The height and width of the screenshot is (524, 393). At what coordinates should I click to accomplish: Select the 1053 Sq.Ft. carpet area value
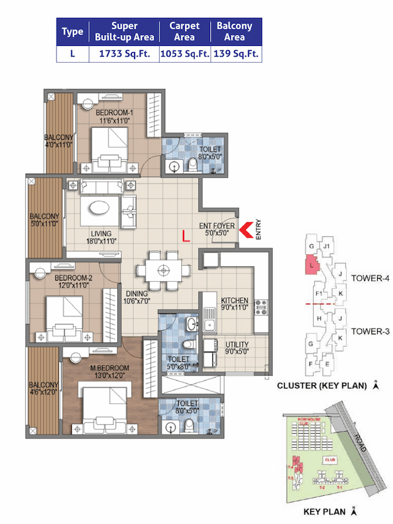coord(185,54)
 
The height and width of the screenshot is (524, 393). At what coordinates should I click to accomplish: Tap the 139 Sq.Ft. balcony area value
coord(236,54)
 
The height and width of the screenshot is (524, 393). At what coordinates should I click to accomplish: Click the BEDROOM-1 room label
coord(114,113)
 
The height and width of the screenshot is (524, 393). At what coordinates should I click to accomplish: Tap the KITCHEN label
coord(235,301)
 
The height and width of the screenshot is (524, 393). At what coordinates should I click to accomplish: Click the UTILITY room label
coord(236,344)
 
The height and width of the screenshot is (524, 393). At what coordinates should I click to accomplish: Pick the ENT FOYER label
coord(217,225)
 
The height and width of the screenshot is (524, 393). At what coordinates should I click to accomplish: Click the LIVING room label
coord(101,234)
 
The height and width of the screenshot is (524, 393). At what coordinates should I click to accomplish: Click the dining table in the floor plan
coord(163,269)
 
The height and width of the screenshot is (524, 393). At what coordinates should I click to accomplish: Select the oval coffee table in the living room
coord(97,209)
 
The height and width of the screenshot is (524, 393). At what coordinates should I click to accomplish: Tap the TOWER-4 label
coord(370,278)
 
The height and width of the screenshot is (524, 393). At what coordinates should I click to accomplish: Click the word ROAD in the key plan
coord(360,441)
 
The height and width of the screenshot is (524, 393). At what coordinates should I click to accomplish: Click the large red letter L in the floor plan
coord(185,234)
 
